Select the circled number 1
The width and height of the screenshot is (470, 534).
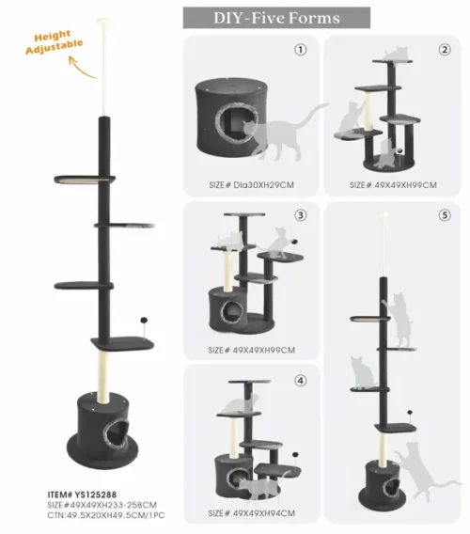click(301, 50)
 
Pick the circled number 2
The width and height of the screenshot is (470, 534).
click(445, 50)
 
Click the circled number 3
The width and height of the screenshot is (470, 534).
click(301, 215)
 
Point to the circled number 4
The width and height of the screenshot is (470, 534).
click(301, 381)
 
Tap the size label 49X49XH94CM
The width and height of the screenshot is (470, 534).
click(251, 512)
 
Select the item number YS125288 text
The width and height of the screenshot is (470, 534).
click(83, 493)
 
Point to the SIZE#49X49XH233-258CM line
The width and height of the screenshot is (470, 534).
click(102, 504)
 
